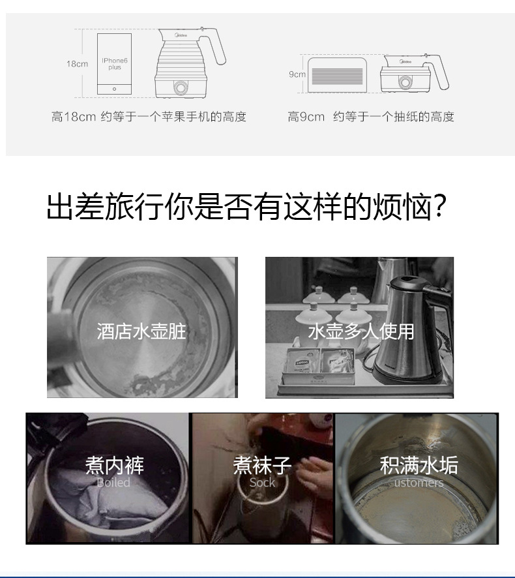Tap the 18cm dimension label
(x=77, y=64)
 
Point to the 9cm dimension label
(x=297, y=74)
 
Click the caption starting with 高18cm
(x=149, y=117)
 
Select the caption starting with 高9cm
(x=370, y=117)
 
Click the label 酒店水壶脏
(x=141, y=331)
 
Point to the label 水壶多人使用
(x=360, y=331)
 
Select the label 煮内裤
(x=114, y=465)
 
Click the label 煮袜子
(x=262, y=465)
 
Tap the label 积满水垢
(x=419, y=465)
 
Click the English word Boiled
(x=113, y=483)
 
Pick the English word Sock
(x=262, y=483)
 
